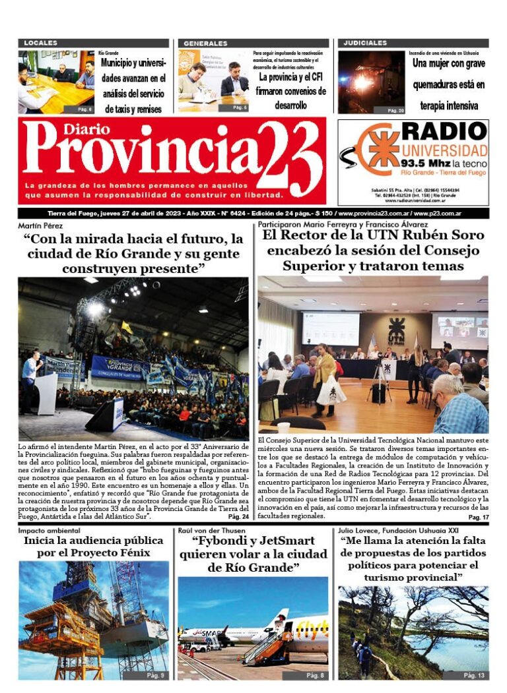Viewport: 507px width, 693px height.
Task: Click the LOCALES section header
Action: click(x=40, y=43)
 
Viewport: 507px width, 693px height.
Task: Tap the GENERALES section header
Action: click(x=205, y=43)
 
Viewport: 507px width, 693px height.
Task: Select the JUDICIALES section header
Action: click(x=364, y=43)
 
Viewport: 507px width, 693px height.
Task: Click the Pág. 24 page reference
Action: click(x=239, y=516)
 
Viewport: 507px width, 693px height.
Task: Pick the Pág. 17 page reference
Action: click(x=478, y=518)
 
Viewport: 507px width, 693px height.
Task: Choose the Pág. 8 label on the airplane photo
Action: click(x=314, y=675)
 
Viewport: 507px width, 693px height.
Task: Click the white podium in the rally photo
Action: click(x=47, y=394)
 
